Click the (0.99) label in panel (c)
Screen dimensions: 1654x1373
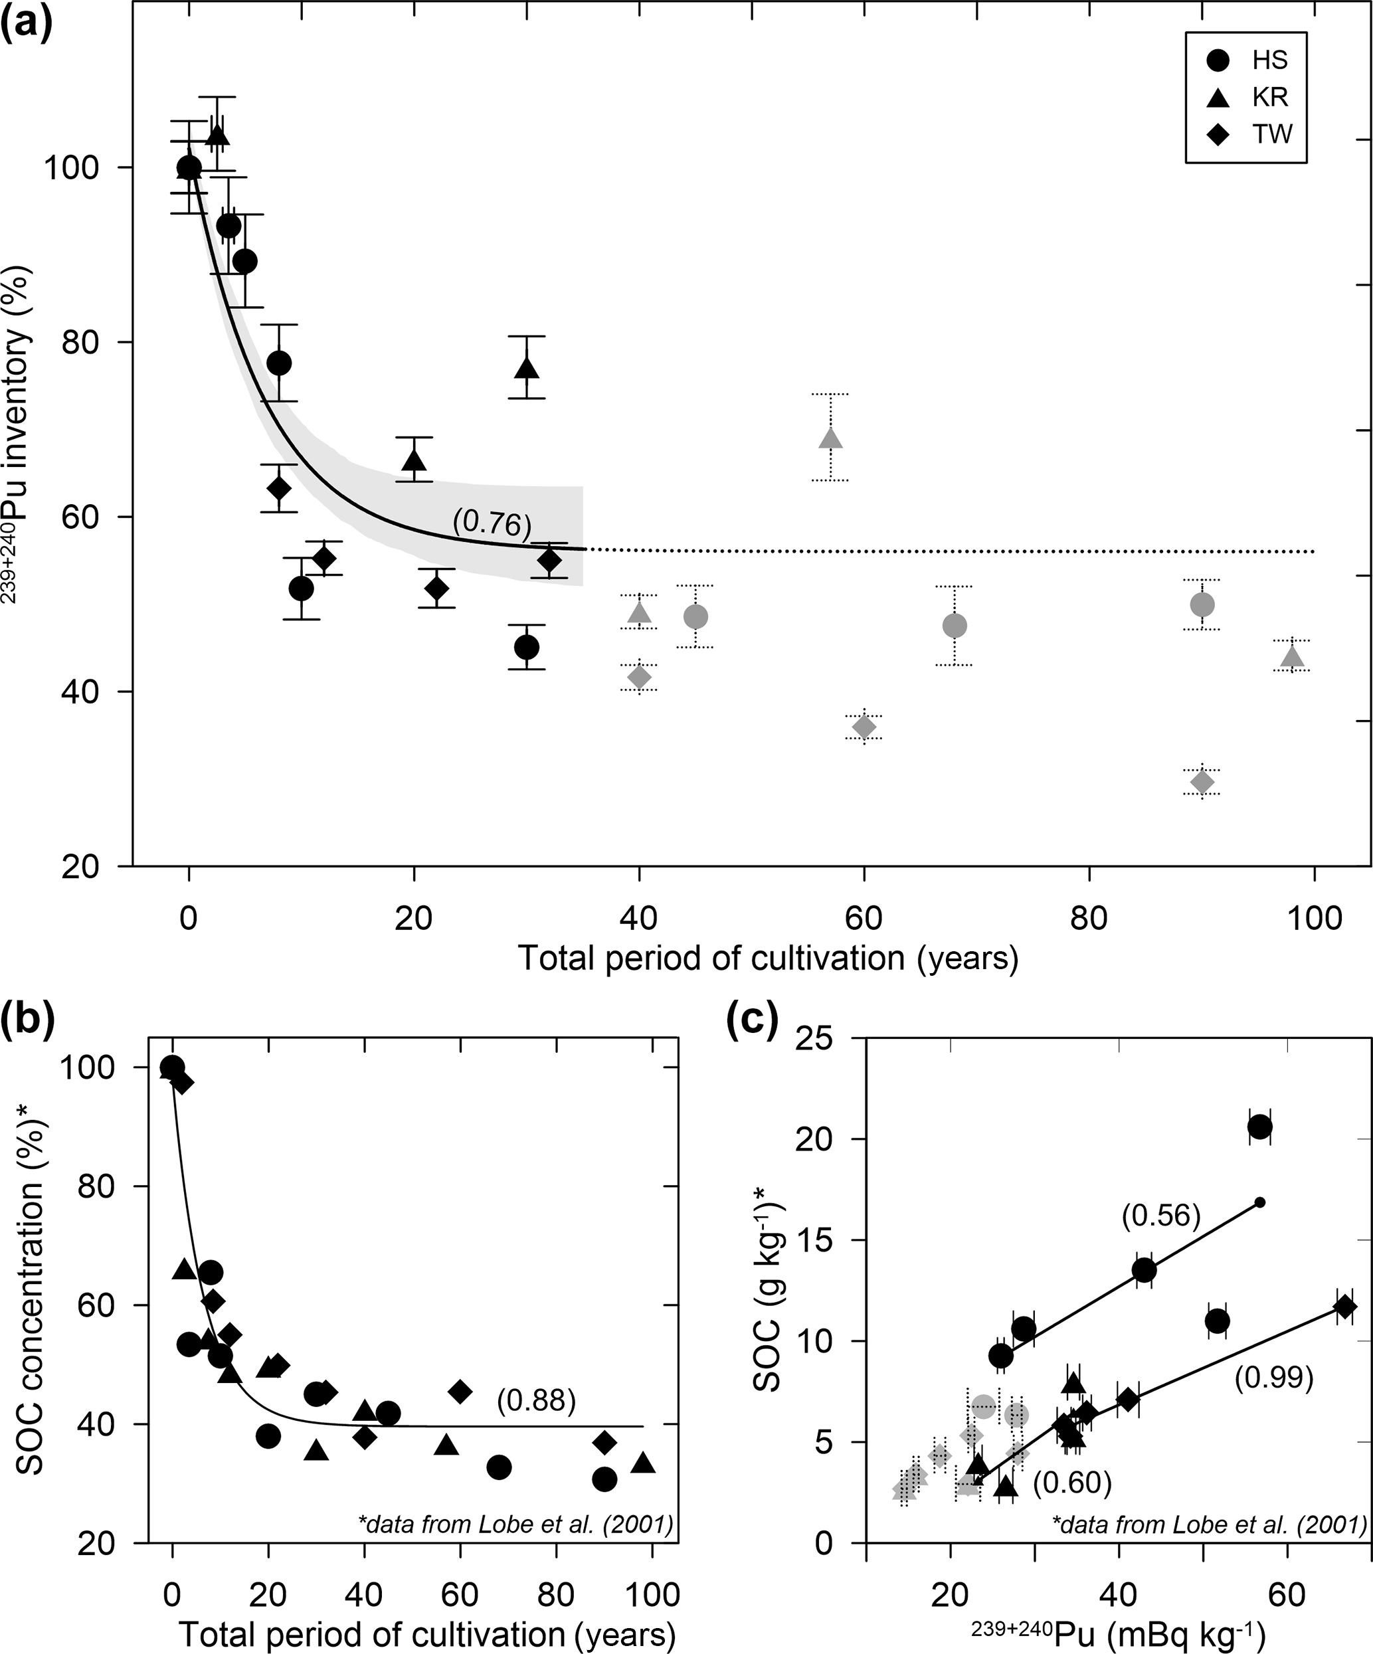click(1273, 1377)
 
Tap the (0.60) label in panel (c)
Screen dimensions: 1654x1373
click(1072, 1483)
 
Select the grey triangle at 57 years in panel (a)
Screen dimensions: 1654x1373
click(830, 438)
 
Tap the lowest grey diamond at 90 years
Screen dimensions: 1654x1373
click(1201, 782)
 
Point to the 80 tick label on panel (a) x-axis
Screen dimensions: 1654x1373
click(1089, 919)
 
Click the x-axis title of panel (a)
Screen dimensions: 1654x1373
click(768, 959)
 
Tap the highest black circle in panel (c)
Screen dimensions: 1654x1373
click(1259, 1127)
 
